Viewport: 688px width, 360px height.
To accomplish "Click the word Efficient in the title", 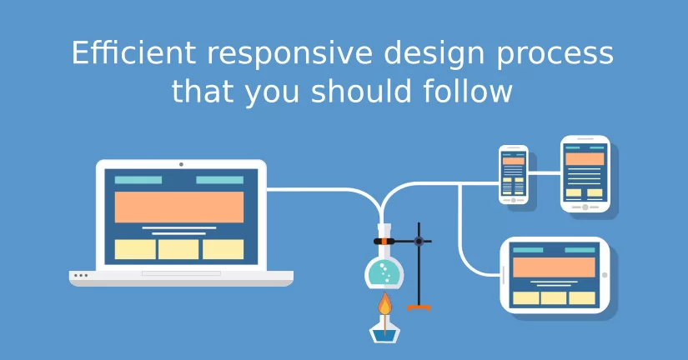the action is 133,52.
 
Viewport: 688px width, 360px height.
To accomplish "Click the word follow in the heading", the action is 468,91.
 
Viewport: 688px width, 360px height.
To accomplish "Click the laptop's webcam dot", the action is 181,164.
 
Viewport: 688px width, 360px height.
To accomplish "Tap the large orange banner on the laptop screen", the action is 179,207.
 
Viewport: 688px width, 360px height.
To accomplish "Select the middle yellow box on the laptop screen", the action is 178,249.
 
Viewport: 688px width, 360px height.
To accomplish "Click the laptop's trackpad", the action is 181,273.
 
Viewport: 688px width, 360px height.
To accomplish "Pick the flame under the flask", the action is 384,304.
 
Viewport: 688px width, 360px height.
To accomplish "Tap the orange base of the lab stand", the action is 419,307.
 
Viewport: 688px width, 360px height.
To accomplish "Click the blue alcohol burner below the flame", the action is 384,333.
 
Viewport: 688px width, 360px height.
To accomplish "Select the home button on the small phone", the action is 514,200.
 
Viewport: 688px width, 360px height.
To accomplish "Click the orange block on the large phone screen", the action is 585,158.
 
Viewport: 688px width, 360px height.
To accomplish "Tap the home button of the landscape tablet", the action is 605,275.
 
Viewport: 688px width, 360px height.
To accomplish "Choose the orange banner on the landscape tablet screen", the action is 555,267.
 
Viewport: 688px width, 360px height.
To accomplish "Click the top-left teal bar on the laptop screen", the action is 138,180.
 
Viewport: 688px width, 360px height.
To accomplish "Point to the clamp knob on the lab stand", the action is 419,241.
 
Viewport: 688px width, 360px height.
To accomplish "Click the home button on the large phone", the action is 585,207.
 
